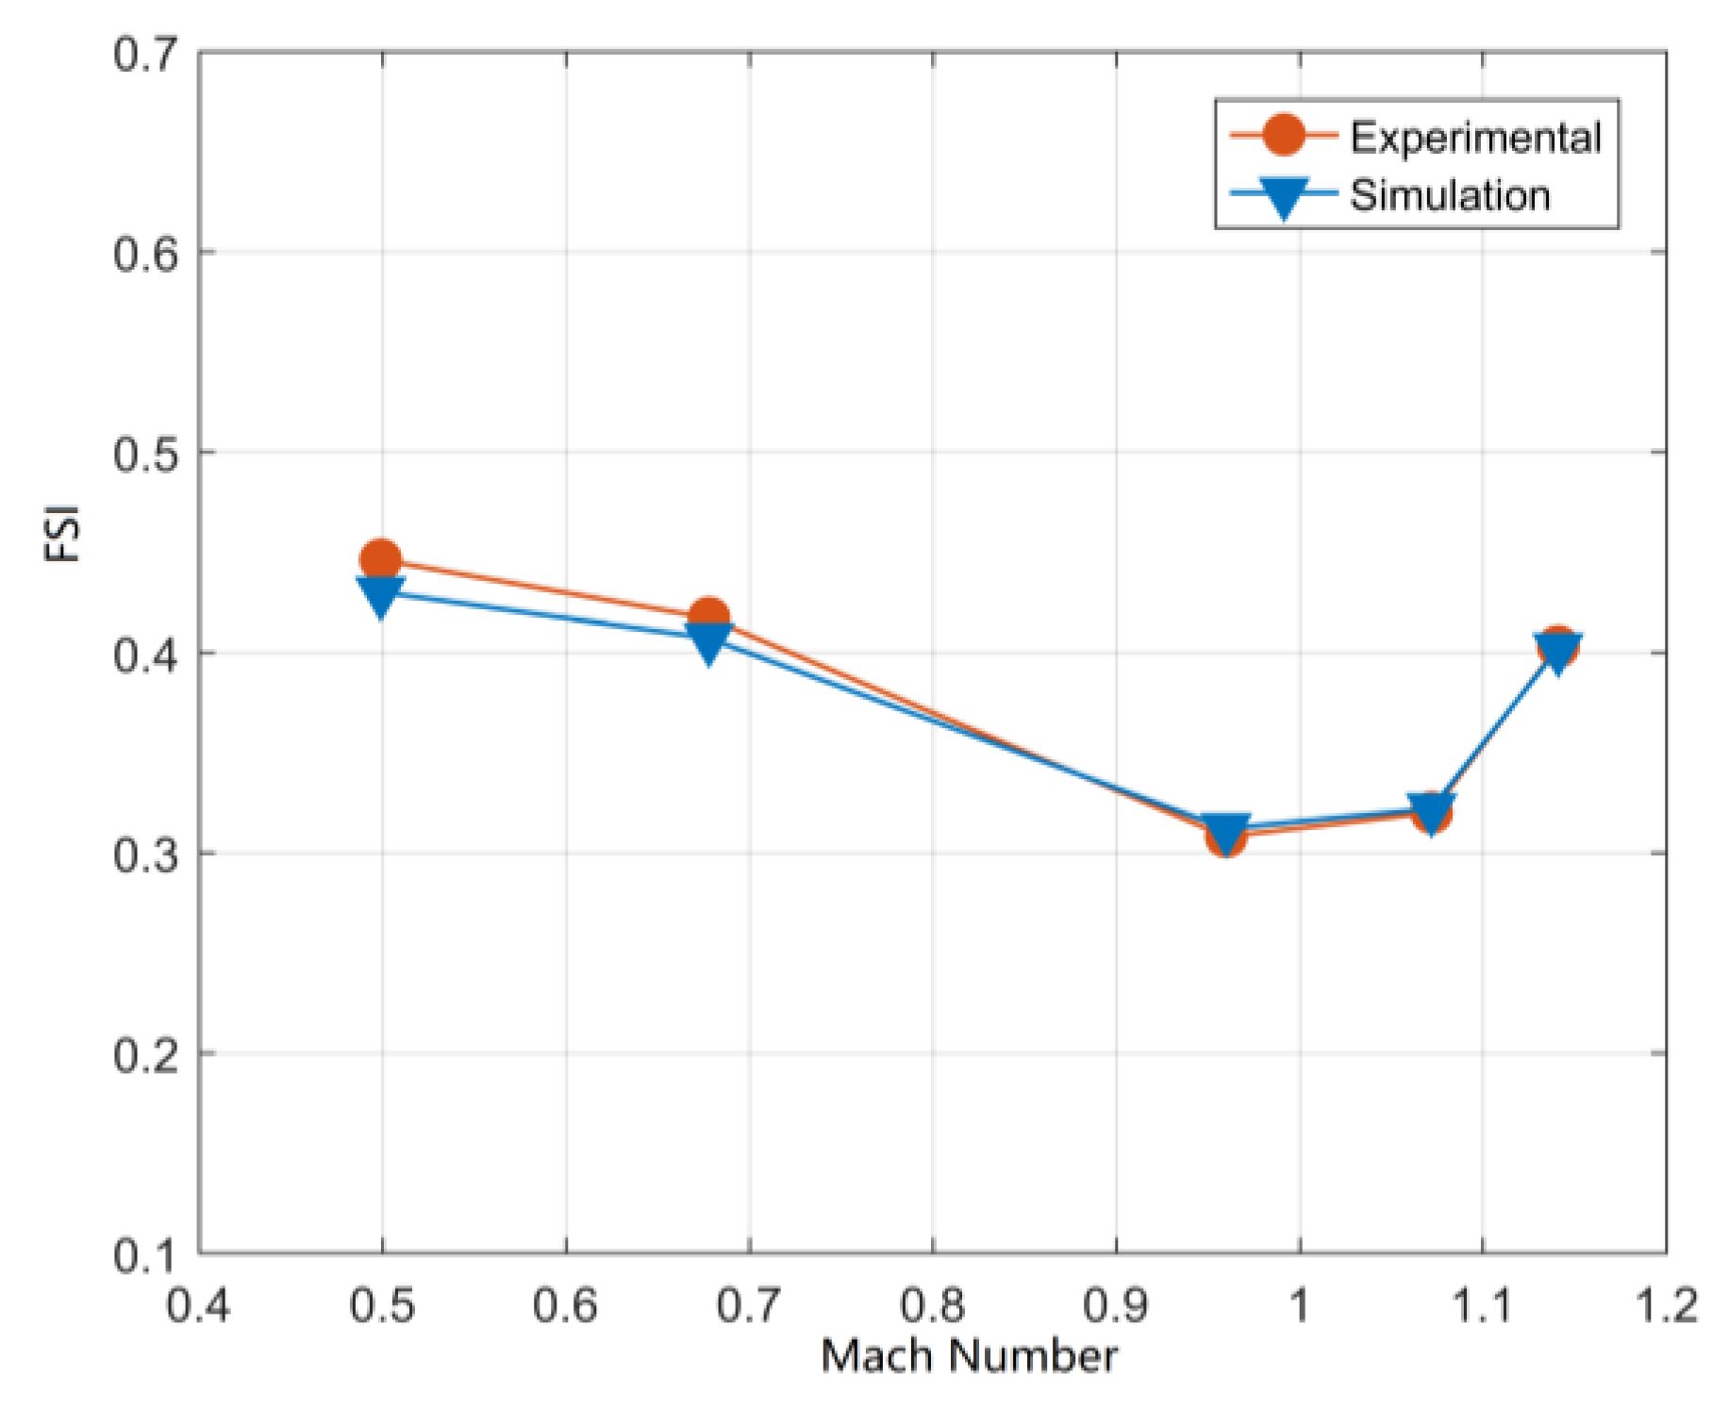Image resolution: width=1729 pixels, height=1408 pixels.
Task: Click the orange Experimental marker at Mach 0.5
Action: click(x=380, y=559)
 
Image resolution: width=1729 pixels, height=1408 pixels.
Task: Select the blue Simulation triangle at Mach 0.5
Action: click(x=380, y=595)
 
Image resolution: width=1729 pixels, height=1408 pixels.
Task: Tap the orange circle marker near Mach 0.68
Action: click(x=708, y=618)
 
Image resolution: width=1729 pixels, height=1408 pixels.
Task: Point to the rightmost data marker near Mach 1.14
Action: click(x=1557, y=648)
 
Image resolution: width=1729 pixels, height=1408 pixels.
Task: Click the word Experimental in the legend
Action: click(x=1475, y=138)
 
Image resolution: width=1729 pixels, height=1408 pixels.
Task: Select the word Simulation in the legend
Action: click(x=1450, y=195)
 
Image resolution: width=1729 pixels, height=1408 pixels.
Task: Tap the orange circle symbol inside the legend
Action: click(x=1284, y=135)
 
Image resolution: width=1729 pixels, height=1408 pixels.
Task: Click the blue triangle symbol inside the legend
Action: click(x=1284, y=196)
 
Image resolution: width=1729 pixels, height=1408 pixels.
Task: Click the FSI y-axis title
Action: click(x=63, y=534)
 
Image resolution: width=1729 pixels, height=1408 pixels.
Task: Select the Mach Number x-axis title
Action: click(x=969, y=1356)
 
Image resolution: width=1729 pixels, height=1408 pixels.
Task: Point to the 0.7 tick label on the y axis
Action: click(x=145, y=54)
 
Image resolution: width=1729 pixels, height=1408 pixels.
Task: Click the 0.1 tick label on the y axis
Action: click(x=145, y=1255)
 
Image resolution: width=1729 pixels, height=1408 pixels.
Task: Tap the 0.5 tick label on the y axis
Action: click(x=145, y=455)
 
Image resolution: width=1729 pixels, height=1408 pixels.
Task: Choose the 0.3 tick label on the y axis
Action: click(x=145, y=855)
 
